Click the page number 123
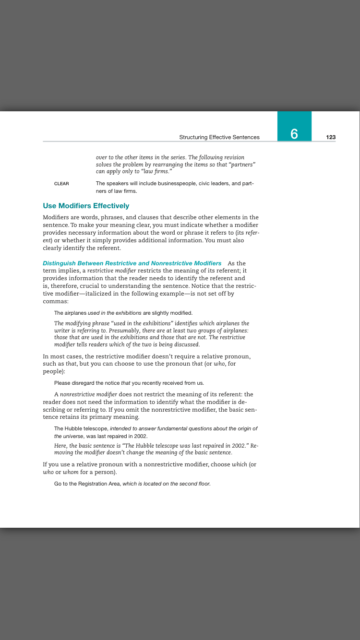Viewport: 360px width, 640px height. (330, 137)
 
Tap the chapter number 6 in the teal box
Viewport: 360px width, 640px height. (294, 134)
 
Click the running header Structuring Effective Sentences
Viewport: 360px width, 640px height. (219, 137)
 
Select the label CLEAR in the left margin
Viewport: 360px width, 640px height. (61, 184)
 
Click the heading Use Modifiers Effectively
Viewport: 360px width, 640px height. (86, 206)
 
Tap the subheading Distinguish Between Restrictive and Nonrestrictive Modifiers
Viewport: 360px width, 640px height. (132, 263)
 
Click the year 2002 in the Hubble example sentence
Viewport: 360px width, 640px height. (141, 436)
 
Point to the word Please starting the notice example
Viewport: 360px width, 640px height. (62, 383)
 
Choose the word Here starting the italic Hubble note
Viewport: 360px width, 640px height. (60, 445)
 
